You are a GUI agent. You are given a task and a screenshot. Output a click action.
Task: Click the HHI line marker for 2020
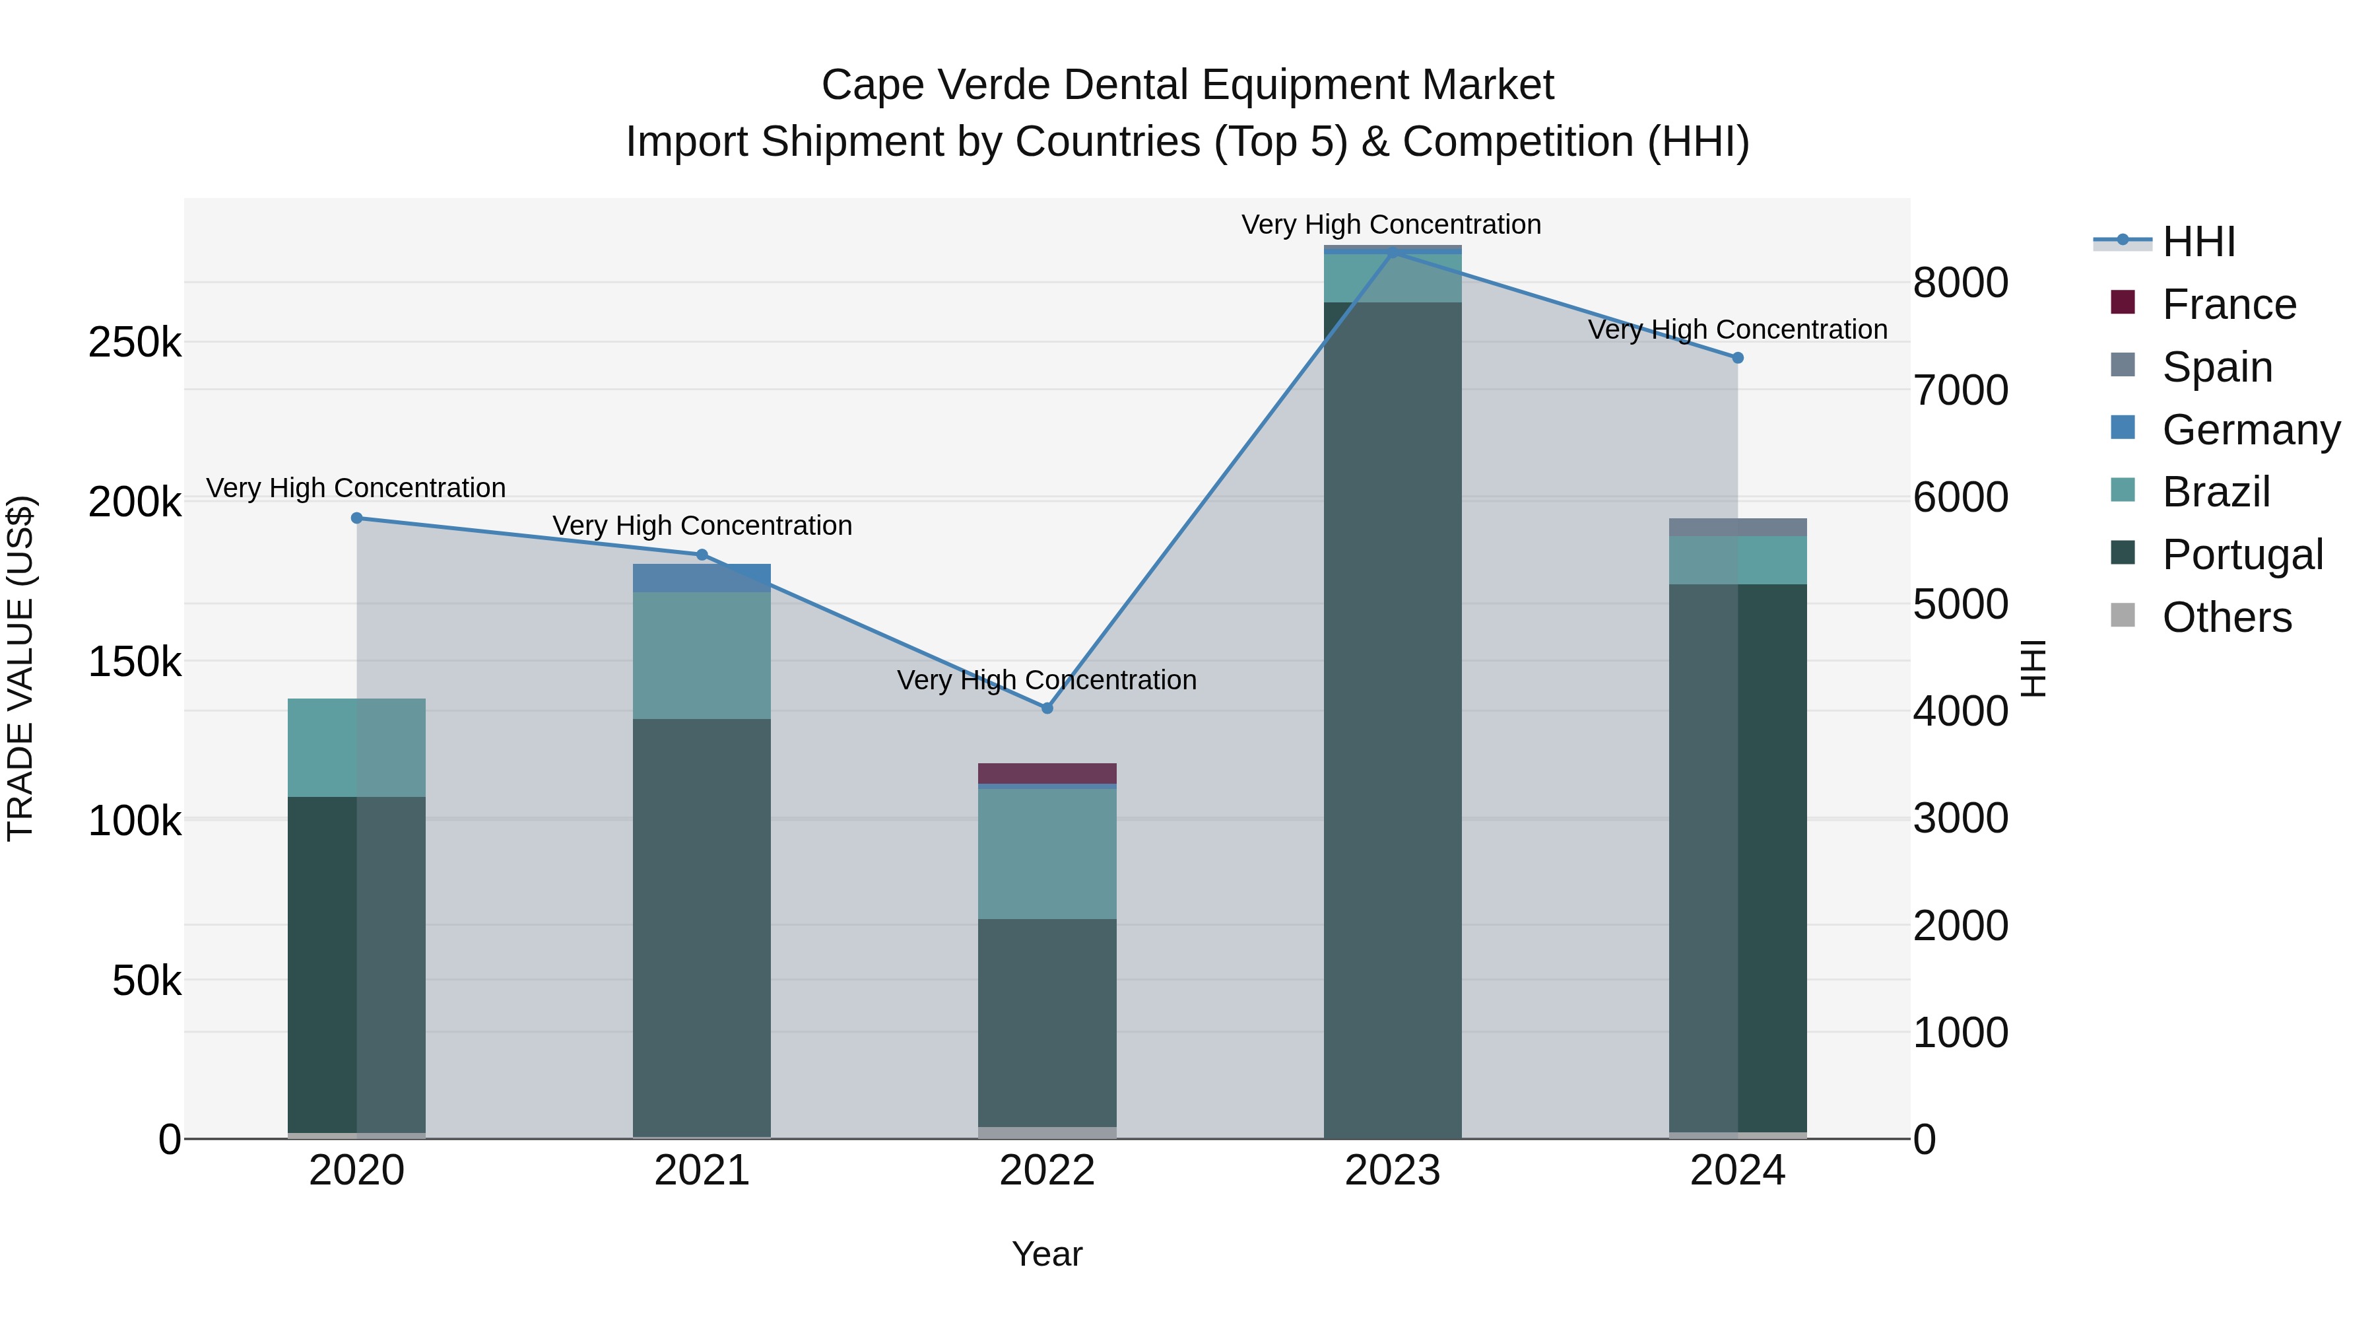[x=357, y=518]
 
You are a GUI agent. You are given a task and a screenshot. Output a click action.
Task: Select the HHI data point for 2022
[x=1047, y=708]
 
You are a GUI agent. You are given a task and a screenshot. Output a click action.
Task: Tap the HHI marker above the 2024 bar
[x=1738, y=357]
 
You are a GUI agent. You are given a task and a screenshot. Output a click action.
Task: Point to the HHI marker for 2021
[x=702, y=555]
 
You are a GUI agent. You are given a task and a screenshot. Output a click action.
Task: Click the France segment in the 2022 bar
[x=1047, y=773]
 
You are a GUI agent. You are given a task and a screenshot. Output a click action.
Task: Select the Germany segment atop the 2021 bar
[x=702, y=578]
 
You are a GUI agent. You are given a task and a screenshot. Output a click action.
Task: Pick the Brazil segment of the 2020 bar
[x=357, y=747]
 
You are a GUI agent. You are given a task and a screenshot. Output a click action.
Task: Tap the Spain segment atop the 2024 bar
[x=1738, y=527]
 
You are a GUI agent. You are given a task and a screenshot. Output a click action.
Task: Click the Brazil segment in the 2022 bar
[x=1047, y=854]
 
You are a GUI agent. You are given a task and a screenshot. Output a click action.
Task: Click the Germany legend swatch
[x=2123, y=428]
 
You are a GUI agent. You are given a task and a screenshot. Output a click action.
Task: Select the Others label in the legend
[x=2227, y=617]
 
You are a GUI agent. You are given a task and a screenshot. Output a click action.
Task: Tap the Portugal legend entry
[x=2241, y=555]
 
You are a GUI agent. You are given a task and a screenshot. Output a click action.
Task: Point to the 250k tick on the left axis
[x=135, y=343]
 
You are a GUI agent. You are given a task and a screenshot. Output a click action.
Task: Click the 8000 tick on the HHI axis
[x=1960, y=283]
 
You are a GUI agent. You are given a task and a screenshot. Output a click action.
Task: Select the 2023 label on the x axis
[x=1392, y=1171]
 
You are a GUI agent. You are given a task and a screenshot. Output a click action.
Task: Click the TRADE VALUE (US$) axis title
[x=20, y=668]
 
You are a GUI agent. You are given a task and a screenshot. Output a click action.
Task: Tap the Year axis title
[x=1047, y=1254]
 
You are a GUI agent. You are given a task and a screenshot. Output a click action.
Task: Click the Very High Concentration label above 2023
[x=1391, y=224]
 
